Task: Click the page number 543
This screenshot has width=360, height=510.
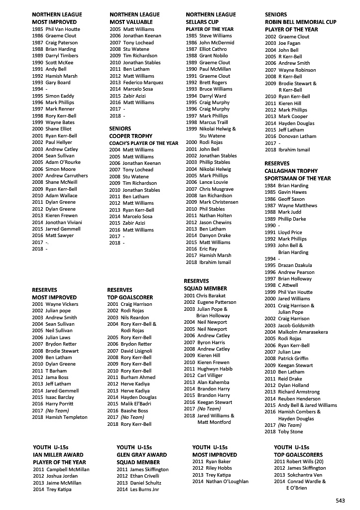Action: click(x=341, y=500)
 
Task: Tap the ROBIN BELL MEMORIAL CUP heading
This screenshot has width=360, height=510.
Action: click(x=300, y=22)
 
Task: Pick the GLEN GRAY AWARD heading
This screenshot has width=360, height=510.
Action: click(x=141, y=455)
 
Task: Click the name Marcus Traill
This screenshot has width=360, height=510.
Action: click(x=214, y=123)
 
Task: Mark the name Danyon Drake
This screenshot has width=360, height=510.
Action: click(x=215, y=236)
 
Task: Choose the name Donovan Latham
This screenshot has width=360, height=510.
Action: click(x=297, y=136)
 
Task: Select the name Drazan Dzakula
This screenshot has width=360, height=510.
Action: click(x=295, y=265)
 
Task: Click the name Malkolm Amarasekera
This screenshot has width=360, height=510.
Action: click(x=303, y=332)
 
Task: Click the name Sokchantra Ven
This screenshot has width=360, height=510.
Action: click(x=300, y=475)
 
